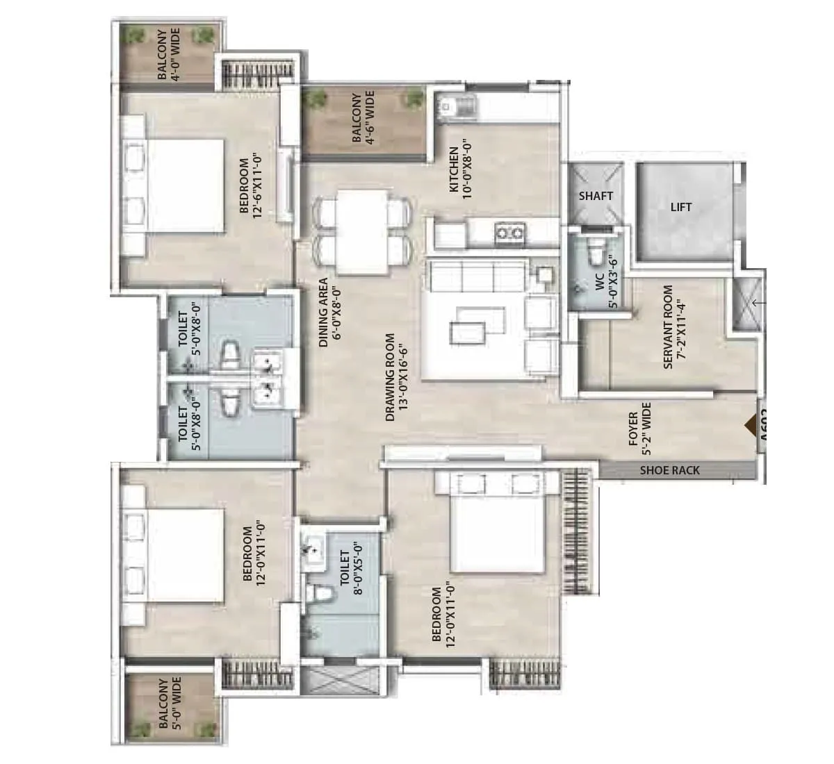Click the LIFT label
tap(681, 207)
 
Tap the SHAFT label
tap(596, 196)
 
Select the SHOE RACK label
tap(669, 470)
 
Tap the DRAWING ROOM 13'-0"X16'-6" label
tap(395, 378)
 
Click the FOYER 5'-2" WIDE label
tap(639, 424)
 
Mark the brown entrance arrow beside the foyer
tap(750, 425)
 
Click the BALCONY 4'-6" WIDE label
tap(362, 118)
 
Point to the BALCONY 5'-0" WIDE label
tap(169, 704)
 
